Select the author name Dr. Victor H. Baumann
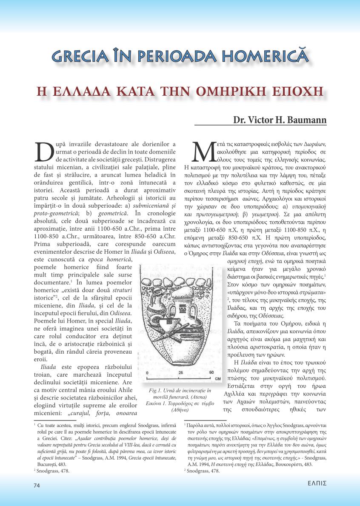tap(280, 120)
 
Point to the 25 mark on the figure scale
tap(180, 373)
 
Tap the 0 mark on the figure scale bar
tap(147, 373)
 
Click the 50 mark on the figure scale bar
tap(211, 373)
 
